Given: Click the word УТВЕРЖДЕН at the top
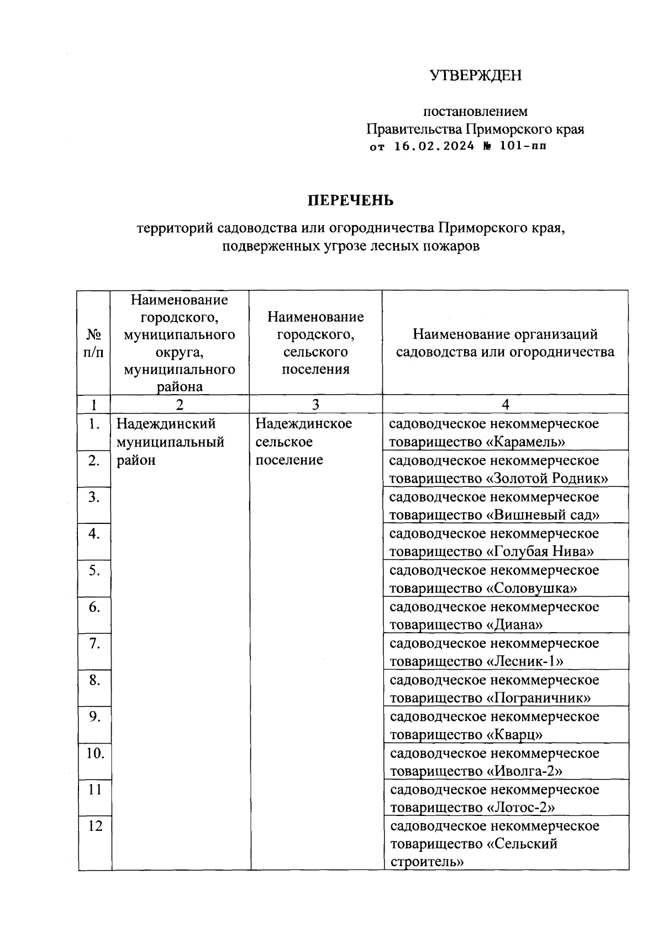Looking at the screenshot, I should tap(475, 76).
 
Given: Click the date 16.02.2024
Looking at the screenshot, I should tap(434, 147).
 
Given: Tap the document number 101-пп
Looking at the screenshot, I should tap(523, 147).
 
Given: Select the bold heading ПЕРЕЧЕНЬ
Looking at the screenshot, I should tap(350, 200).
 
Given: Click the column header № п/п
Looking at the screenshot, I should tap(94, 343).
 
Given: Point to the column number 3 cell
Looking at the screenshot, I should tap(315, 405).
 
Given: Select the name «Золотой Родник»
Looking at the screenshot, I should tap(547, 479).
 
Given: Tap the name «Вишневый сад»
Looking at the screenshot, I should tap(543, 515).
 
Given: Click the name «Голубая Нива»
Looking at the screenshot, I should tap(540, 552).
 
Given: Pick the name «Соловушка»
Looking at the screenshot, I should tap(532, 589).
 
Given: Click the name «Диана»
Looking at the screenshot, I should tap(514, 625).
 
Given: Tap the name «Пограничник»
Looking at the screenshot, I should tap(538, 698).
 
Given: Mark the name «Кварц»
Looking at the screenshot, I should tap(514, 735).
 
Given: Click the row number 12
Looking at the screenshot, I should tap(95, 826).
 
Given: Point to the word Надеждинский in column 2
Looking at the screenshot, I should tap(166, 424).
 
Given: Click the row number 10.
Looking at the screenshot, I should tap(95, 753).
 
